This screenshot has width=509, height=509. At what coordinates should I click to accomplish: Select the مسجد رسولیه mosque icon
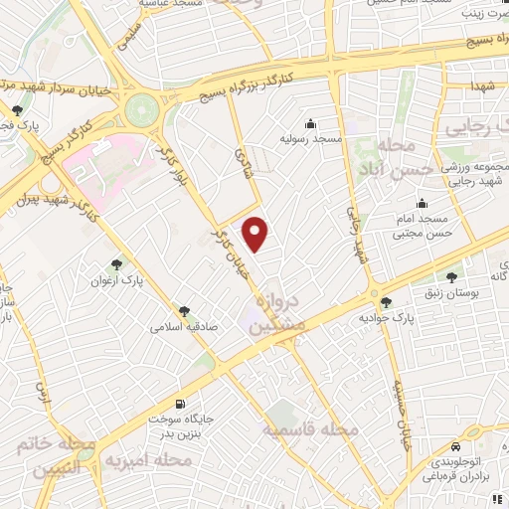point(311,124)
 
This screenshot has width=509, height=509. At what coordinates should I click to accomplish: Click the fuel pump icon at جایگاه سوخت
point(180,404)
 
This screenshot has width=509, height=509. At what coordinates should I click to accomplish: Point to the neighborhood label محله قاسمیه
point(309,430)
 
